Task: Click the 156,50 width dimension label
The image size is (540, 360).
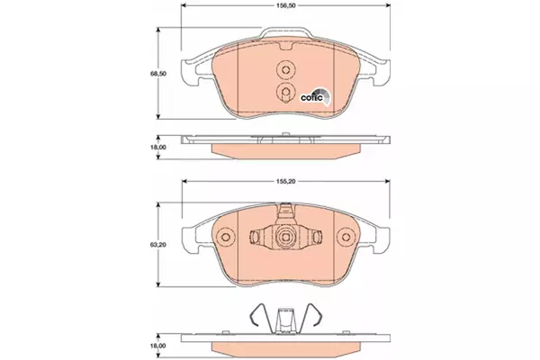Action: [x=286, y=5]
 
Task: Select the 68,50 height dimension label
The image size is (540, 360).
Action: [x=158, y=74]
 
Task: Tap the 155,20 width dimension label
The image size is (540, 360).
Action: [x=286, y=181]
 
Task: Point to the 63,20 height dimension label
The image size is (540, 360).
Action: [x=158, y=245]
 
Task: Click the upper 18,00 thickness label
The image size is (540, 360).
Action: [x=158, y=147]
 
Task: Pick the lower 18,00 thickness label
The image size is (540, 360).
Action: [x=158, y=346]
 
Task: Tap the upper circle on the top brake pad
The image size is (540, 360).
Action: [x=286, y=69]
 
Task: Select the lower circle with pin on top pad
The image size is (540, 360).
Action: [x=286, y=92]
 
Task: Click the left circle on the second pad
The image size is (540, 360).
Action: [x=226, y=237]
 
